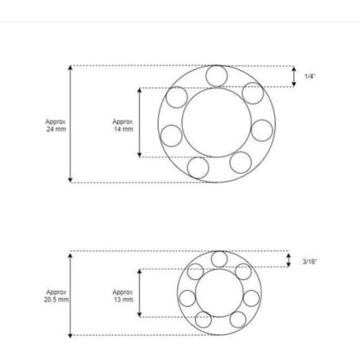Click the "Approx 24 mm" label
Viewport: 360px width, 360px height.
coord(55,127)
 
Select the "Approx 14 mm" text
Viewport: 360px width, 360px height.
coord(123,127)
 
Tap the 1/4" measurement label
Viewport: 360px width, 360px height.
coord(310,76)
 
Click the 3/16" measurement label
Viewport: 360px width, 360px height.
coord(310,261)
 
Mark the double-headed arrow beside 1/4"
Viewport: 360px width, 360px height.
coord(294,76)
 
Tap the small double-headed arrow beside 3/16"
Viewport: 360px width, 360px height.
coord(289,261)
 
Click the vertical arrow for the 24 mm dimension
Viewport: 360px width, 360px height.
coord(70,123)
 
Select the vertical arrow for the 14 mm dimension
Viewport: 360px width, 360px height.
coord(138,122)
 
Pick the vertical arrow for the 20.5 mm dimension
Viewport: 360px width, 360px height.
coord(70,294)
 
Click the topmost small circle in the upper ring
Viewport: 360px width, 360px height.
coord(216,76)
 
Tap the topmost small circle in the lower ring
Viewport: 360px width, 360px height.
coord(219,259)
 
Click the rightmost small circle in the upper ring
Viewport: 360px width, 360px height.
coord(262,130)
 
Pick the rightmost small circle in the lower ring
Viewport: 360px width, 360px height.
coord(251,298)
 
